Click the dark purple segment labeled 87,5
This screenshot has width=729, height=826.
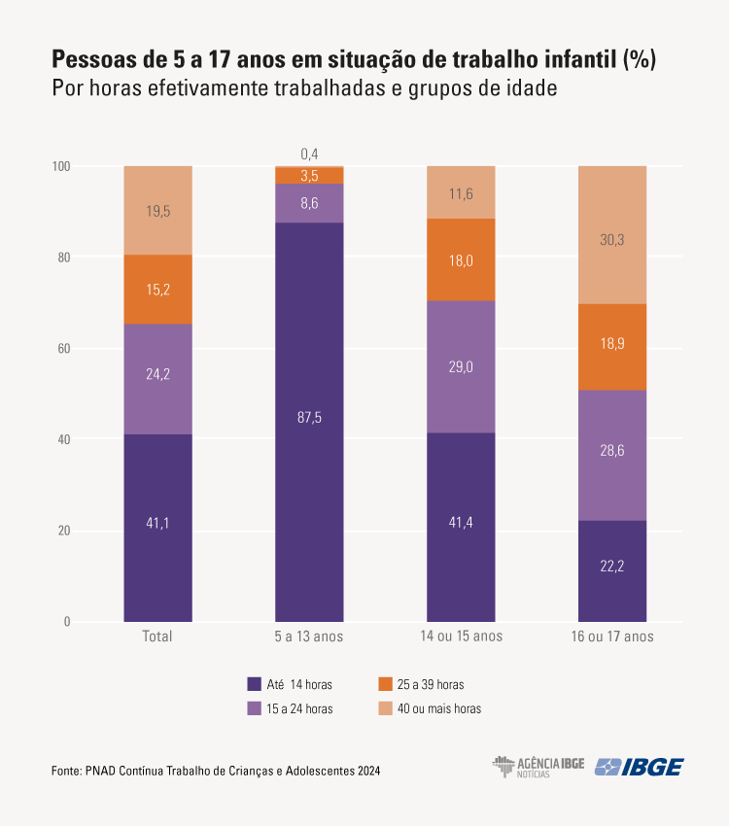pyautogui.click(x=309, y=418)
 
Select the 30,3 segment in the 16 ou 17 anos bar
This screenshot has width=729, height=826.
pyautogui.click(x=612, y=234)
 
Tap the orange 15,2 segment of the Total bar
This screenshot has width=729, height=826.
pyautogui.click(x=157, y=290)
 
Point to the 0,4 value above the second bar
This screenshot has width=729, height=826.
pyautogui.click(x=309, y=154)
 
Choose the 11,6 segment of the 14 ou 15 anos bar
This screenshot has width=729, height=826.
pyautogui.click(x=461, y=192)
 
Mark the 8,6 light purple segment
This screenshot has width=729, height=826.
pyautogui.click(x=309, y=203)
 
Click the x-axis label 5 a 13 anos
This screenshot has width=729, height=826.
pyautogui.click(x=309, y=637)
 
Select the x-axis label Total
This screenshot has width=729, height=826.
pyautogui.click(x=157, y=637)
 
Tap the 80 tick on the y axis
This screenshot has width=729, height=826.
pyautogui.click(x=63, y=258)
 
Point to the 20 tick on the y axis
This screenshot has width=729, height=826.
pyautogui.click(x=63, y=531)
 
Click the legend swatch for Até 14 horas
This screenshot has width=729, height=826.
pyautogui.click(x=255, y=684)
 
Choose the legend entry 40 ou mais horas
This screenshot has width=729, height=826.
pyautogui.click(x=440, y=708)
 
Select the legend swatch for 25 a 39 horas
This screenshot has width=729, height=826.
pyautogui.click(x=385, y=684)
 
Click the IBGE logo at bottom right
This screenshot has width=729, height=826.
pyautogui.click(x=639, y=767)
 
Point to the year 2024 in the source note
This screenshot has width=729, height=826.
pyautogui.click(x=368, y=771)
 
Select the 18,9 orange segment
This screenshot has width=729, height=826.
pyautogui.click(x=612, y=347)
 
